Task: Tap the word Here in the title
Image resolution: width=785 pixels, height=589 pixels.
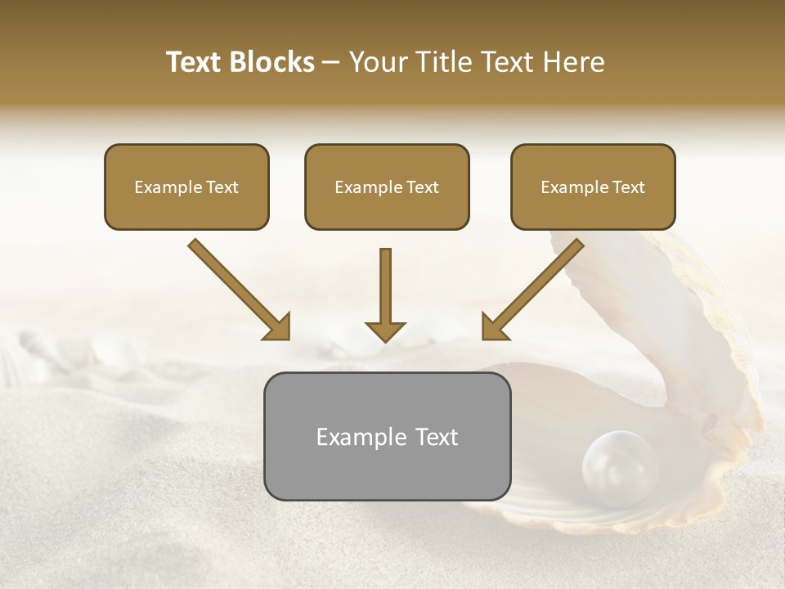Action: (x=574, y=62)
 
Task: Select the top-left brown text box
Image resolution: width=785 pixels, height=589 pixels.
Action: (x=186, y=187)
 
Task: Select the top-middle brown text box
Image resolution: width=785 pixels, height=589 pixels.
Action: (x=387, y=187)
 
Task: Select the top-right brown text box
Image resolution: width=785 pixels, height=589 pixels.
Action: (x=593, y=187)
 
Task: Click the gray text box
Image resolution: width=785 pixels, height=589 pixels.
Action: (x=387, y=436)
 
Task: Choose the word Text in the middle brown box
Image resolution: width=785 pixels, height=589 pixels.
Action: (x=422, y=187)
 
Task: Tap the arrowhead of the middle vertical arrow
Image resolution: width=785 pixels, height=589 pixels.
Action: (x=385, y=330)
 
